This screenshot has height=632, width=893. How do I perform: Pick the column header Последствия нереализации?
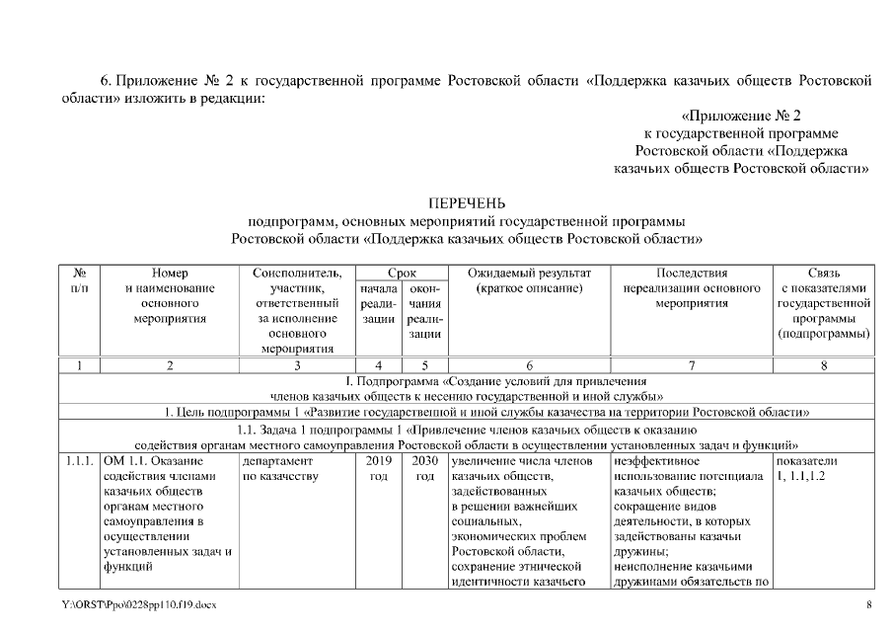pos(691,279)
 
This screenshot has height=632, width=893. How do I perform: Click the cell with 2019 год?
pos(378,469)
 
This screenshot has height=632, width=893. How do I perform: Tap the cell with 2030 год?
pos(424,469)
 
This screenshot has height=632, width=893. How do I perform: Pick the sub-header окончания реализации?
pos(424,310)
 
